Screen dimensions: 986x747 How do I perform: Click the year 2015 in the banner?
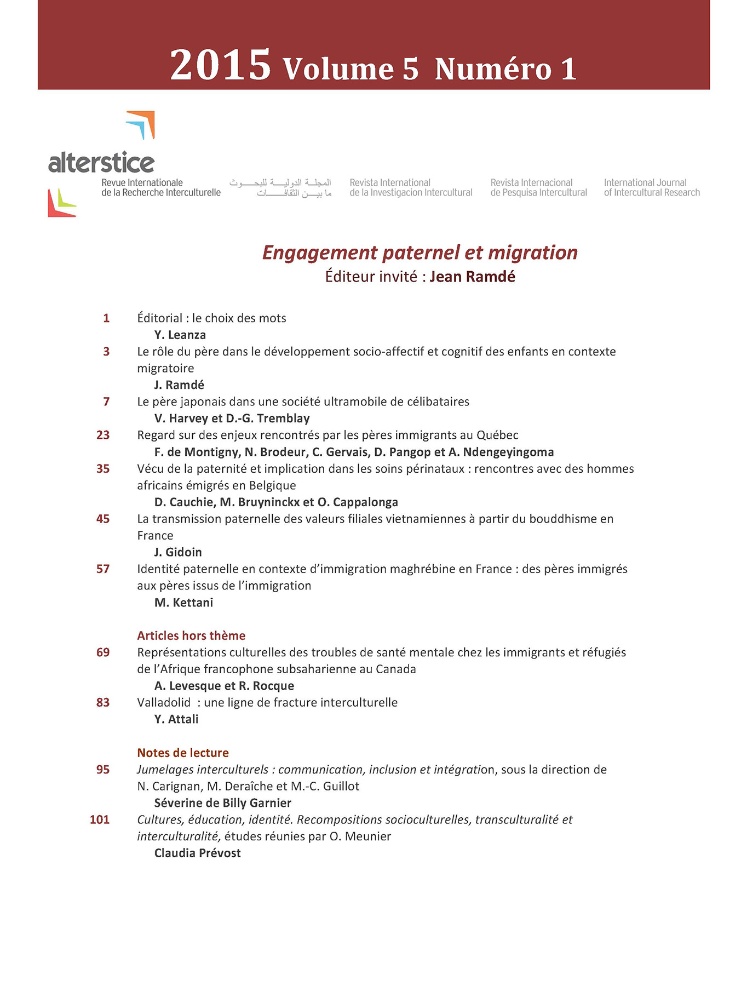[220, 65]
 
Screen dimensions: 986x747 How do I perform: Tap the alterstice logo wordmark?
[101, 163]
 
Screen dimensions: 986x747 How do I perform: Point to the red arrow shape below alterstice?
[57, 205]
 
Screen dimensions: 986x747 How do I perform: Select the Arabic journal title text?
[280, 187]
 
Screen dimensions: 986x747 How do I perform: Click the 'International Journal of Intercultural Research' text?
[652, 187]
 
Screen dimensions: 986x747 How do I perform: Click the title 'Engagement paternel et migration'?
[420, 253]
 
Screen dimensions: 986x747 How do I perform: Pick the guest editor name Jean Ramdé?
[472, 277]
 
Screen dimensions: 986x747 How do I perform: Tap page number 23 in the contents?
[103, 435]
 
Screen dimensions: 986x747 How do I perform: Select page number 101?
[100, 819]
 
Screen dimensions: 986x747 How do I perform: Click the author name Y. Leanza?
[180, 335]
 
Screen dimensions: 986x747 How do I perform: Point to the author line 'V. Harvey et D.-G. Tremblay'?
[232, 419]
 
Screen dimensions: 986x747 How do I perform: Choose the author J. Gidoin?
[178, 552]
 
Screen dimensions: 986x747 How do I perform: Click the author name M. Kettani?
[183, 603]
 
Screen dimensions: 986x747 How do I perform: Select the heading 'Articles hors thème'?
[191, 635]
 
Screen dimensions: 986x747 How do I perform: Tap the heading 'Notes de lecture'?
[183, 753]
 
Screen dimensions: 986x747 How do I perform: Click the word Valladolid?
[164, 702]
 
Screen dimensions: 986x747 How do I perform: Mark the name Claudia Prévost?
[197, 853]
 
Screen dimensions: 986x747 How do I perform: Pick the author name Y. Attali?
[176, 719]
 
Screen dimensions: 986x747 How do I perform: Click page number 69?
[103, 652]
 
